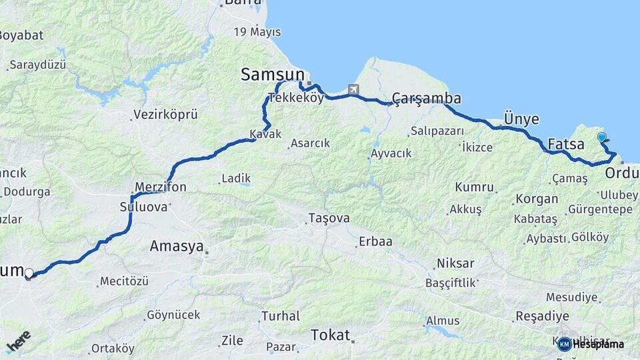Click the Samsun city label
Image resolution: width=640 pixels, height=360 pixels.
pyautogui.click(x=272, y=75)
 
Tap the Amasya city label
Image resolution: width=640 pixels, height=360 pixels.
pyautogui.click(x=176, y=246)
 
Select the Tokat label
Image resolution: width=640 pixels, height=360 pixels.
pyautogui.click(x=330, y=335)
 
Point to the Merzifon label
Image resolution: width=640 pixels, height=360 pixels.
pyautogui.click(x=160, y=187)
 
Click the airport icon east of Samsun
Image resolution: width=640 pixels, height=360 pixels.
pyautogui.click(x=353, y=89)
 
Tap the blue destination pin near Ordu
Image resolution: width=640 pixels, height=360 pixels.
pyautogui.click(x=602, y=138)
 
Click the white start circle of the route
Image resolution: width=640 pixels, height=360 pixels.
pyautogui.click(x=29, y=273)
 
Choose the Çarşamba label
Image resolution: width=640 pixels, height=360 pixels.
pyautogui.click(x=426, y=99)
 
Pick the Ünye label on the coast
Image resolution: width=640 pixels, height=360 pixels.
pyautogui.click(x=521, y=119)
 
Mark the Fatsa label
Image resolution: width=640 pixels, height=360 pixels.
pyautogui.click(x=566, y=144)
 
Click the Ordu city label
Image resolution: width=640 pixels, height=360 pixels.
pyautogui.click(x=622, y=173)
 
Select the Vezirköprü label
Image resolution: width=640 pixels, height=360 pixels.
pyautogui.click(x=165, y=115)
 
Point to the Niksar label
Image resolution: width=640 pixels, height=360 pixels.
pyautogui.click(x=455, y=263)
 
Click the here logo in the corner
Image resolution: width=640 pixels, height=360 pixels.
pyautogui.click(x=19, y=341)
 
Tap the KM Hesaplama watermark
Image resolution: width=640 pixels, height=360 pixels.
pyautogui.click(x=591, y=344)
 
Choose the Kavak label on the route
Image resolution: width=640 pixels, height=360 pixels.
pyautogui.click(x=265, y=134)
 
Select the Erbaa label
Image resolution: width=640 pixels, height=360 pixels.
pyautogui.click(x=375, y=241)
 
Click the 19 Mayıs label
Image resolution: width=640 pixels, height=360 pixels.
pyautogui.click(x=257, y=32)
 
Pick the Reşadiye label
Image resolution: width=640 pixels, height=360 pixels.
pyautogui.click(x=542, y=316)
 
